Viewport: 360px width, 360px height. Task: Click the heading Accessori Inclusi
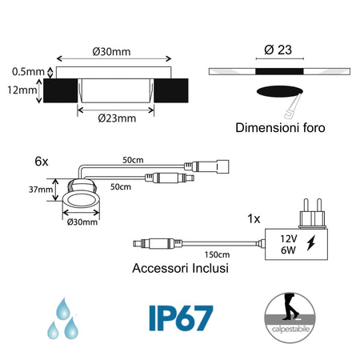point(180,269)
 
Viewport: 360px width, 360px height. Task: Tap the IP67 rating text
point(181,318)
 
